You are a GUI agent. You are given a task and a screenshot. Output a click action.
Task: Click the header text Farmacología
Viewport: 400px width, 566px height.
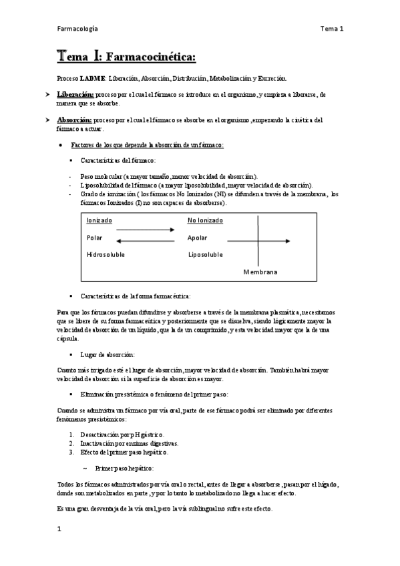pyautogui.click(x=77, y=29)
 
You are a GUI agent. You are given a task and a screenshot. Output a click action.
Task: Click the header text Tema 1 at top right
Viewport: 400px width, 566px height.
pyautogui.click(x=331, y=29)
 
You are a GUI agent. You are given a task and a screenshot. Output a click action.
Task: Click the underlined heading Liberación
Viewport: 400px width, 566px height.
pyautogui.click(x=75, y=95)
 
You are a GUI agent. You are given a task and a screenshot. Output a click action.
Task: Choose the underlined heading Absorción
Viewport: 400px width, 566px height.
pyautogui.click(x=74, y=120)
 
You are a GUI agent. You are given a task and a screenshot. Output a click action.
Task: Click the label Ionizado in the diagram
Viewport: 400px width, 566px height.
pyautogui.click(x=99, y=220)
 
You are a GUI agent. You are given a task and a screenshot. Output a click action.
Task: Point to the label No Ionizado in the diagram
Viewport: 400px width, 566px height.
pyautogui.click(x=204, y=220)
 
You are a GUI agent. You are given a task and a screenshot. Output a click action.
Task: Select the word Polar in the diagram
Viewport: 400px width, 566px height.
pyautogui.click(x=94, y=237)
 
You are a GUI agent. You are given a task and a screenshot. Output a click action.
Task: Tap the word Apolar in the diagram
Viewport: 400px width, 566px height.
pyautogui.click(x=198, y=237)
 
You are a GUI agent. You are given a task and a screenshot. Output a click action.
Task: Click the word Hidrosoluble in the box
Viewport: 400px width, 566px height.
pyautogui.click(x=106, y=254)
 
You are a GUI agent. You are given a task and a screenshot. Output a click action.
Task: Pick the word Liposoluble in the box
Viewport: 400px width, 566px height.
pyautogui.click(x=206, y=254)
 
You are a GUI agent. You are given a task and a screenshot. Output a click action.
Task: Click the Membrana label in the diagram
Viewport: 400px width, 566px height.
pyautogui.click(x=260, y=272)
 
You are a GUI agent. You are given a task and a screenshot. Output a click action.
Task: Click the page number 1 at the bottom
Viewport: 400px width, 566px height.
pyautogui.click(x=59, y=529)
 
